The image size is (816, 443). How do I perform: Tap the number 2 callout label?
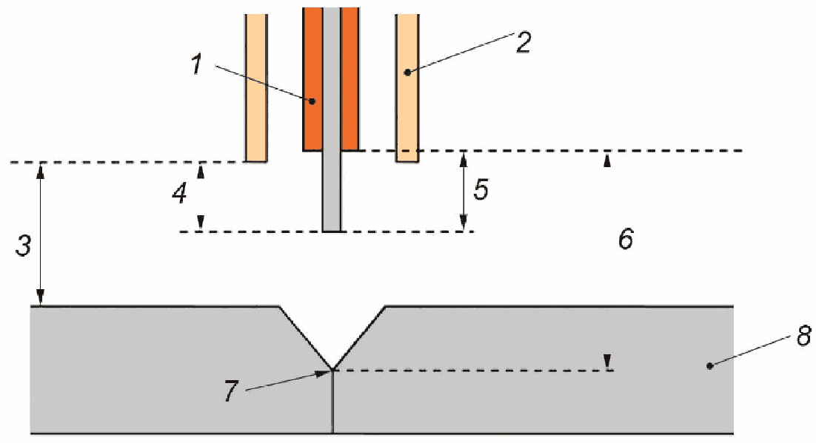[524, 42]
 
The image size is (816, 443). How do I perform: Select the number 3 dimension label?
[24, 246]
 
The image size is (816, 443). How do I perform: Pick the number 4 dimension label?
[179, 194]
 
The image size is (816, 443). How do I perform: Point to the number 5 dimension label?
[481, 190]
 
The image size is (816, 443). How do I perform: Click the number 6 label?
[626, 239]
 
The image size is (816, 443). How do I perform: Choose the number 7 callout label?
[231, 391]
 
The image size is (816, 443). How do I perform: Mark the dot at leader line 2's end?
[407, 72]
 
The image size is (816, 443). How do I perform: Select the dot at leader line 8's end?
[710, 366]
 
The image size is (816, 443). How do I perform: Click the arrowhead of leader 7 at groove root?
[327, 372]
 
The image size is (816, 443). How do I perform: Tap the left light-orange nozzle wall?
[256, 88]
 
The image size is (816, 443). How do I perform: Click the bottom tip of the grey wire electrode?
[332, 231]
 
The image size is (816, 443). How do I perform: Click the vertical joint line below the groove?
[332, 402]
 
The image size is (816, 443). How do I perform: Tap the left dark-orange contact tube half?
[312, 79]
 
